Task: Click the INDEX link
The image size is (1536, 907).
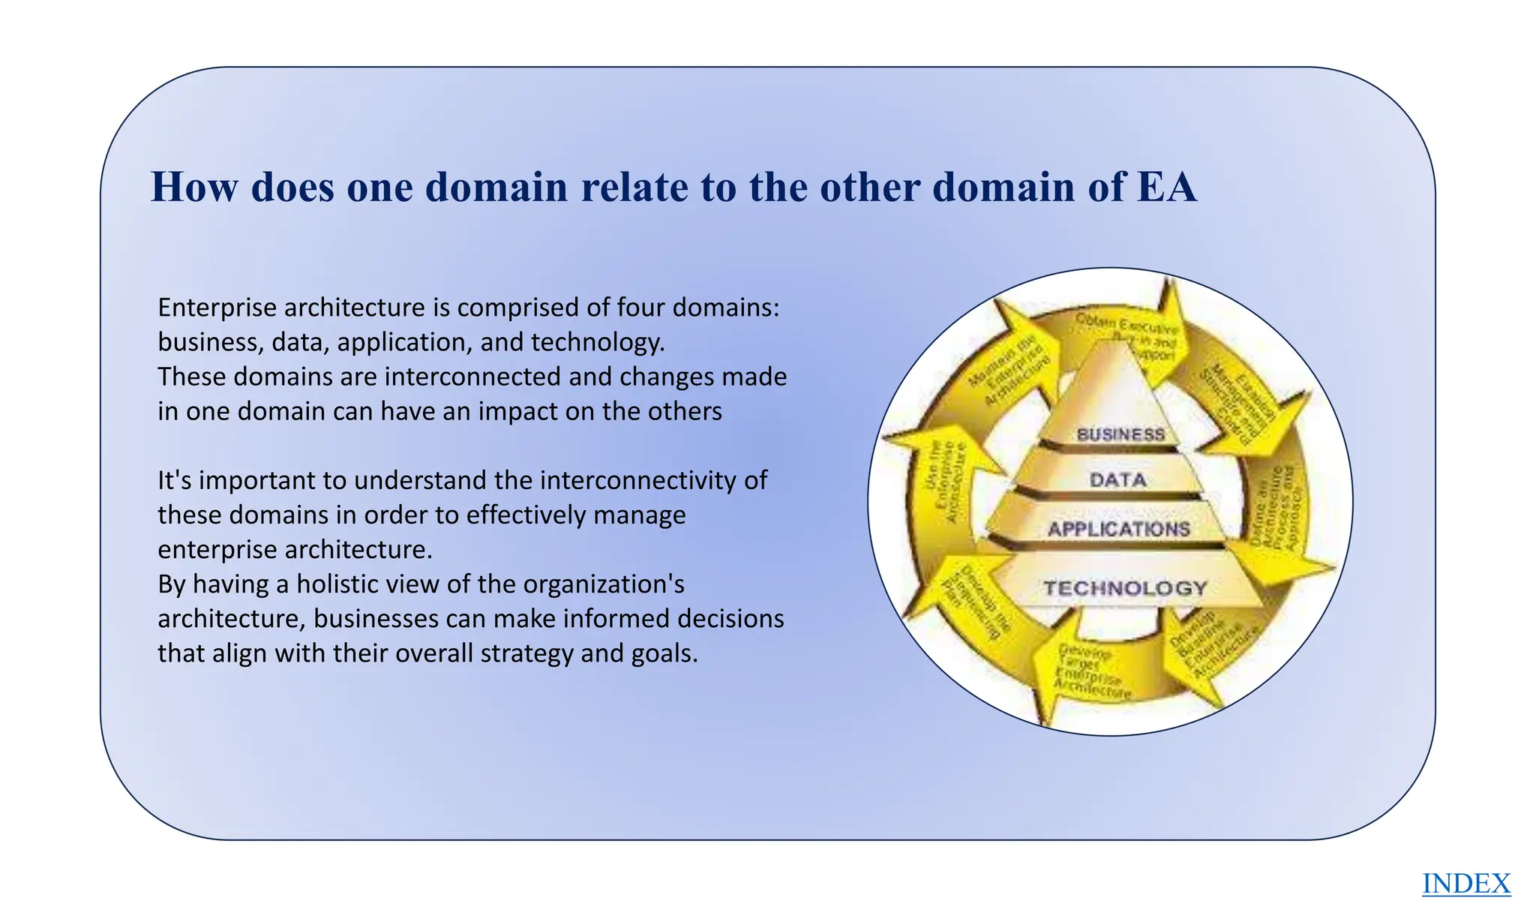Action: (1465, 884)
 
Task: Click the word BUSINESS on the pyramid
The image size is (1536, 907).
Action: (1120, 434)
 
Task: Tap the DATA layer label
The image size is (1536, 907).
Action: (1117, 480)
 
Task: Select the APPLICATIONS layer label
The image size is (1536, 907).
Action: (1118, 529)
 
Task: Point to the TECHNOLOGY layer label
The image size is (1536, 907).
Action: (1125, 588)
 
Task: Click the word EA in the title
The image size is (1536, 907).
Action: (1166, 187)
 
